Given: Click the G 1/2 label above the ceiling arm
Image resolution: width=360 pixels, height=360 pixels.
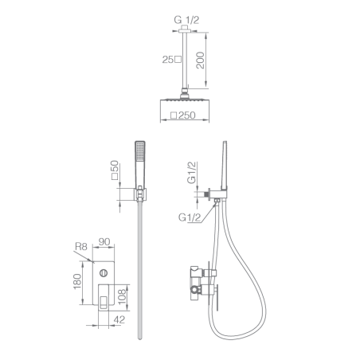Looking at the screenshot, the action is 186,20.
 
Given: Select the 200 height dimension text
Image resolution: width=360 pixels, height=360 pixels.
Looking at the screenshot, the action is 200,61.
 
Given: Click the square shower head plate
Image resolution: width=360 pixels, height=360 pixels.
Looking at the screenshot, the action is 185,100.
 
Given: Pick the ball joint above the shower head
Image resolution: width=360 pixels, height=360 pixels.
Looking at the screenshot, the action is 185,95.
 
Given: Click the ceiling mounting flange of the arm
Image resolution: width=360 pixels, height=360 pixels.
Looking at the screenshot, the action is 185,29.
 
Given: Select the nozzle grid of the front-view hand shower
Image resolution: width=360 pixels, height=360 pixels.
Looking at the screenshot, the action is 140,151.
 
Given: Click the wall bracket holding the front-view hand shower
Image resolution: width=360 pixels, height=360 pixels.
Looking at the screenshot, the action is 140,194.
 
